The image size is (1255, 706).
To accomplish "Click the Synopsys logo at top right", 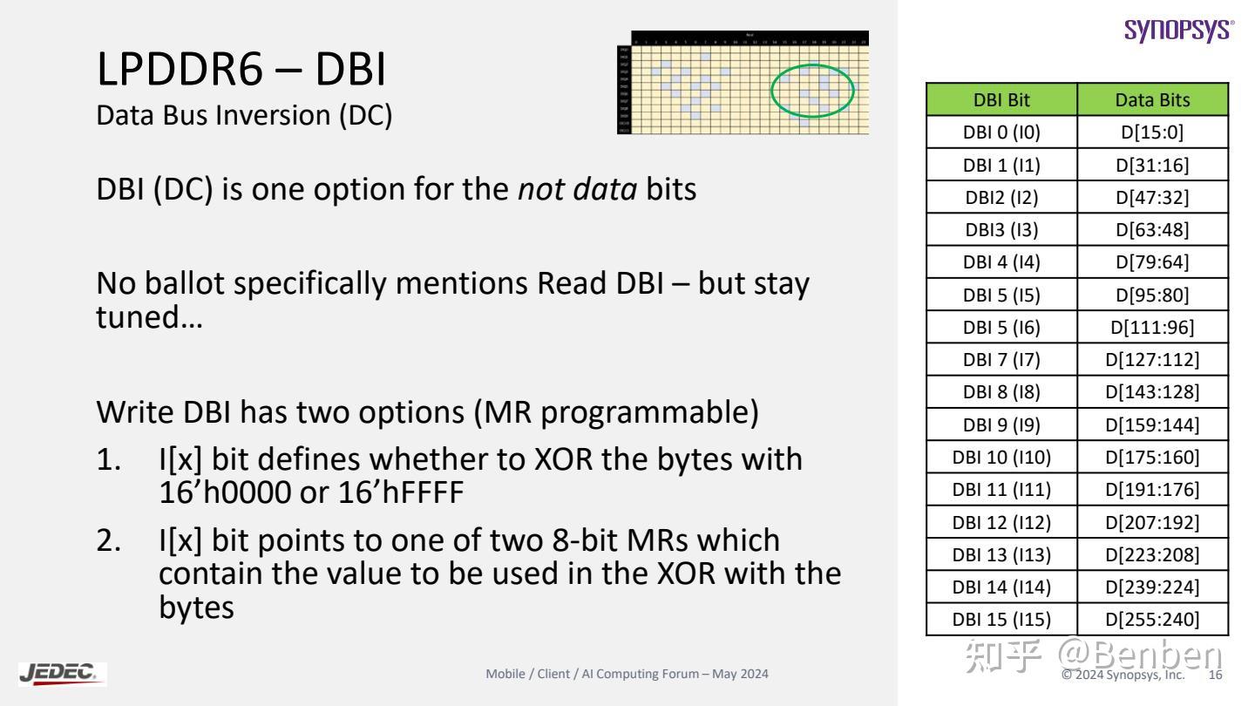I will [x=1179, y=29].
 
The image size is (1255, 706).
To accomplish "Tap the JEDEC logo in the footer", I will [x=62, y=673].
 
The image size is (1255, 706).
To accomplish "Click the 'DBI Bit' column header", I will [x=1001, y=99].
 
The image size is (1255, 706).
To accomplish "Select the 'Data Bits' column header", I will [x=1152, y=99].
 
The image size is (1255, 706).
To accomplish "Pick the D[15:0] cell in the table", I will [x=1152, y=132].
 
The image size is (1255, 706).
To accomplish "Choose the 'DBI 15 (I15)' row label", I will [x=1001, y=620].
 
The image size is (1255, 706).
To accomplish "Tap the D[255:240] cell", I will [x=1152, y=620].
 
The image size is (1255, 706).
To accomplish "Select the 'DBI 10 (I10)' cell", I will [x=1001, y=458].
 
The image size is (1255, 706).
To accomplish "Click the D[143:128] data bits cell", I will [x=1152, y=392].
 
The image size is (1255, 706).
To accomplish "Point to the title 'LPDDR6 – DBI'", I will [x=241, y=71].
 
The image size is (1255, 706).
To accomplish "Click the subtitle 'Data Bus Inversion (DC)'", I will [x=244, y=116].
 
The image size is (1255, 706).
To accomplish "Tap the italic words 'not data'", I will [x=577, y=189].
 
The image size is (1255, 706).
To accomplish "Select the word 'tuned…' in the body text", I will [x=149, y=317].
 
